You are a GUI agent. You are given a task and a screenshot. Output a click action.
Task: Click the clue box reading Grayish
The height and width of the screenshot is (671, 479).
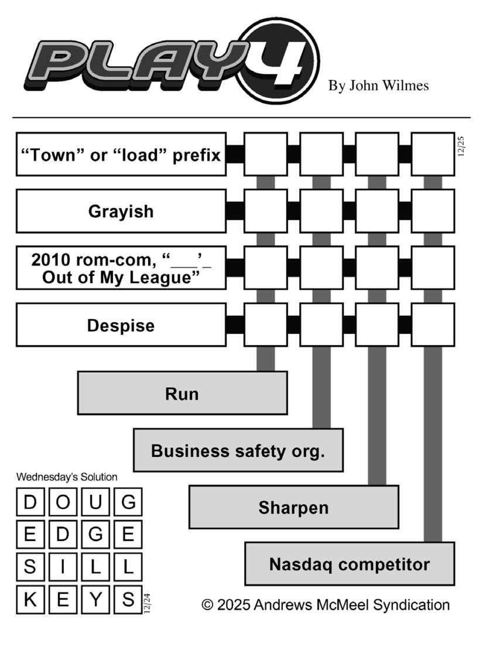[121, 211]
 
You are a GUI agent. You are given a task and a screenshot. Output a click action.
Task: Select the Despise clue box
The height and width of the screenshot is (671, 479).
[121, 325]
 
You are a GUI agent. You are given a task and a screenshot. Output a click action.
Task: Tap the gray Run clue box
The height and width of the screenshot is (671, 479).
[182, 394]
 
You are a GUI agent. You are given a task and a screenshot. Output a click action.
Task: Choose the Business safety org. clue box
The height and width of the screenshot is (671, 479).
[238, 450]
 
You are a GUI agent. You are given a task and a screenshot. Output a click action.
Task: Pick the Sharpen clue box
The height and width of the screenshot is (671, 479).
[293, 507]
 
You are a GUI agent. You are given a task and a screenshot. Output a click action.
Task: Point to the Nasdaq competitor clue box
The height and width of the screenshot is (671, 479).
[349, 565]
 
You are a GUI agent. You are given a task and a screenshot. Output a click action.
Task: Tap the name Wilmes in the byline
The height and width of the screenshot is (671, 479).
[405, 86]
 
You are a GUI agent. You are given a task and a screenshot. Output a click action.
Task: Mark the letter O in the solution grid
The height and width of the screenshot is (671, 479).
[63, 502]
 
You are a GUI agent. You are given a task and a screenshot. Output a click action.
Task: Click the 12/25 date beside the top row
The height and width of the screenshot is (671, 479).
[461, 146]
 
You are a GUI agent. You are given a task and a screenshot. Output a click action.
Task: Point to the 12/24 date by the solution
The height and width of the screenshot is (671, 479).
[147, 603]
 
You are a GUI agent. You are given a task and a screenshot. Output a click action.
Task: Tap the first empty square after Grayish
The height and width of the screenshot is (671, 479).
[265, 211]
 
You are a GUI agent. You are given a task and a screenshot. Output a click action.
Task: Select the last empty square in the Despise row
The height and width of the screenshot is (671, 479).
[433, 325]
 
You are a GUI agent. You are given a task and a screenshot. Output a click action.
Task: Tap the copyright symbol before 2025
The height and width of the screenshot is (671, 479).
[207, 605]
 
